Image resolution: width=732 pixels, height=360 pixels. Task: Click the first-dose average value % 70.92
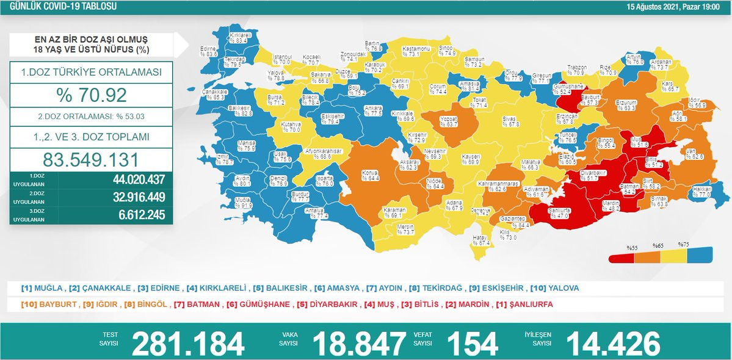pyautogui.click(x=91, y=95)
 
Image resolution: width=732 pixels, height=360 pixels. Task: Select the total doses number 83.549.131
pyautogui.click(x=91, y=159)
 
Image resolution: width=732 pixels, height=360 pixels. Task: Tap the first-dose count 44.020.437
pyautogui.click(x=139, y=181)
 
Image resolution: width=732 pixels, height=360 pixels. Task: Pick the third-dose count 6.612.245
pyautogui.click(x=142, y=215)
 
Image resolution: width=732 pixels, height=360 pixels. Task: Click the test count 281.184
pyautogui.click(x=188, y=344)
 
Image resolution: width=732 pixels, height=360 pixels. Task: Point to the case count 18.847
pyautogui.click(x=359, y=344)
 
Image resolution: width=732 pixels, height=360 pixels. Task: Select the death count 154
pyautogui.click(x=473, y=344)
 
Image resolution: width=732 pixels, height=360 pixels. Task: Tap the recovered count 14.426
pyautogui.click(x=613, y=344)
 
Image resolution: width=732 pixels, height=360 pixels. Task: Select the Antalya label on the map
pyautogui.click(x=317, y=212)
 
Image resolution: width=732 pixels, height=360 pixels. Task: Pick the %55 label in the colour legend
pyautogui.click(x=632, y=248)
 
